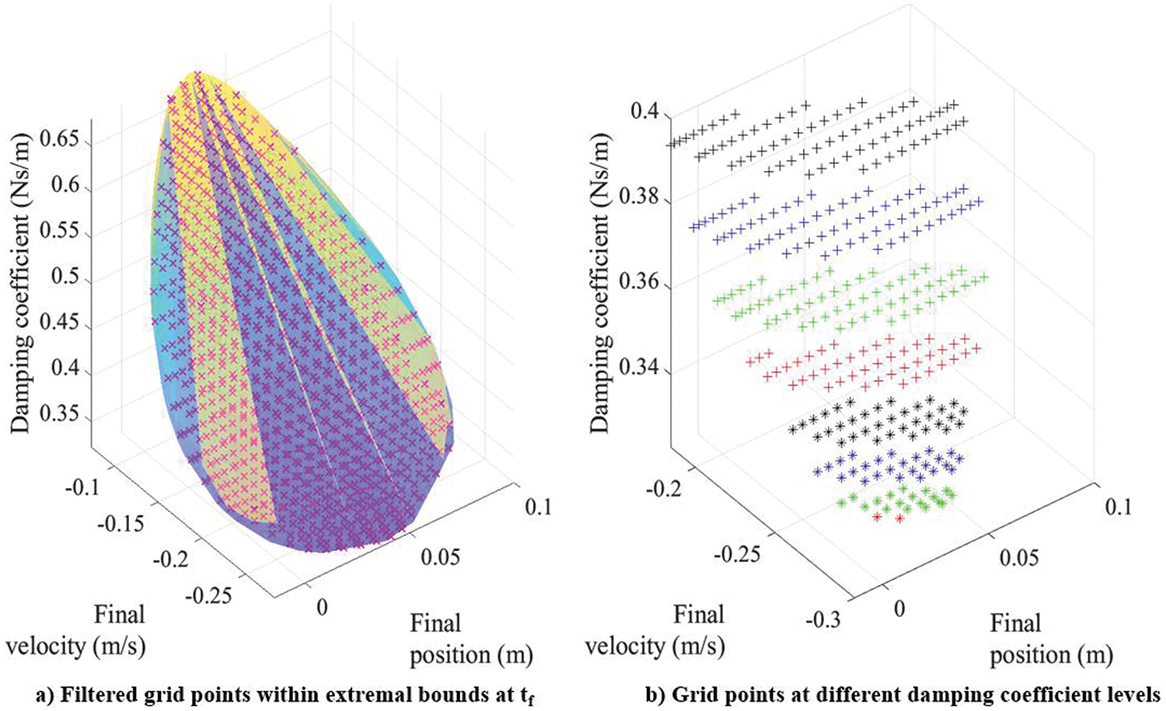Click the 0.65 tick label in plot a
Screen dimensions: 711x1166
tap(65, 141)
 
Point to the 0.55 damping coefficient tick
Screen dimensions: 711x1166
tap(65, 233)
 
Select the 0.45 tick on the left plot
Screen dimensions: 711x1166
tap(65, 322)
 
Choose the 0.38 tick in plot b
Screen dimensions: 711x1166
tap(639, 197)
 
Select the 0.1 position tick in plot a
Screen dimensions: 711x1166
tap(537, 506)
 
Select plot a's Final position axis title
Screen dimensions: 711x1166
tap(471, 639)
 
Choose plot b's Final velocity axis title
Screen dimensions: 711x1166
tap(655, 630)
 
